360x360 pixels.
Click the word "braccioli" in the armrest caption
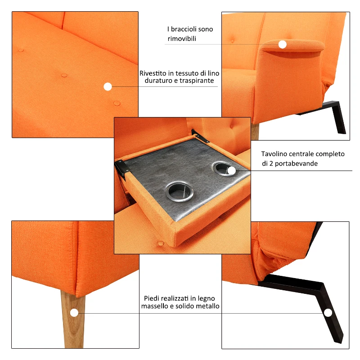point(184,29)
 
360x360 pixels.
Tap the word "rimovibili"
point(182,39)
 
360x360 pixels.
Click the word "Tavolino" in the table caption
point(273,154)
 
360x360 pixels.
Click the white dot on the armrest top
point(283,44)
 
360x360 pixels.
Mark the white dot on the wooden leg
point(74,313)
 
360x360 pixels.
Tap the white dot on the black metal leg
point(328,313)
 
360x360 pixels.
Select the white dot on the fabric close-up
point(108,86)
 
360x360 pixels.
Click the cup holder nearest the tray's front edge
point(179,192)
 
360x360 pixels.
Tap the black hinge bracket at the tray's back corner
point(200,136)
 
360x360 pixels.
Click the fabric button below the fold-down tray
point(161,243)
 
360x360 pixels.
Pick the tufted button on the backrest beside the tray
point(232,126)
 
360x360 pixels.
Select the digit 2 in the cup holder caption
point(271,163)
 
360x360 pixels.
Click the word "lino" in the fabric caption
point(213,73)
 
